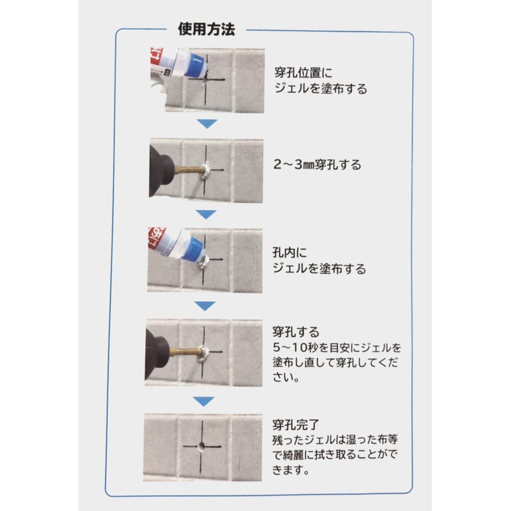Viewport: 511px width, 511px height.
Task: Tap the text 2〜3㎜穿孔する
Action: (316, 165)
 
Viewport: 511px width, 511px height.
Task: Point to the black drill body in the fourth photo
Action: (160, 351)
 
